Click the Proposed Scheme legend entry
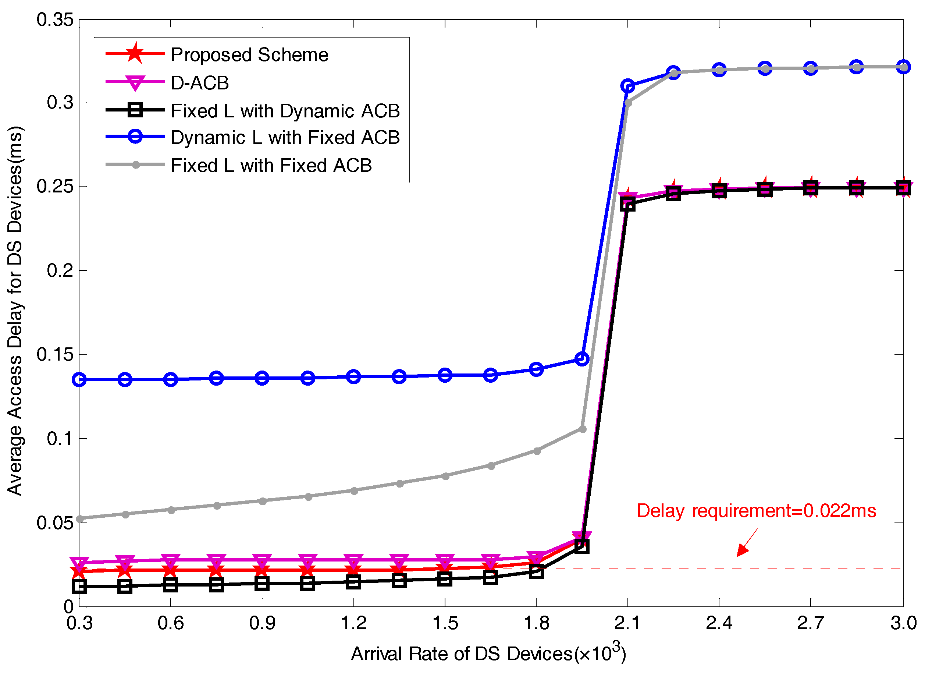[249, 55]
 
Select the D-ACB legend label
[199, 83]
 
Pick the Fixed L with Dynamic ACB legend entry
[285, 111]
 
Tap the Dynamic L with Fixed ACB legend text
[285, 138]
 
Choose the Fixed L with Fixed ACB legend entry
[271, 165]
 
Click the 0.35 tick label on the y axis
[55, 20]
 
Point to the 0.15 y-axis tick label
[55, 354]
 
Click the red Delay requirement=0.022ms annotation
[756, 511]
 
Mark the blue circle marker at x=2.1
[627, 86]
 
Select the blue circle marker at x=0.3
[79, 380]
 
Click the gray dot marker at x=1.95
[583, 429]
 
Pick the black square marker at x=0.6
[171, 585]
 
